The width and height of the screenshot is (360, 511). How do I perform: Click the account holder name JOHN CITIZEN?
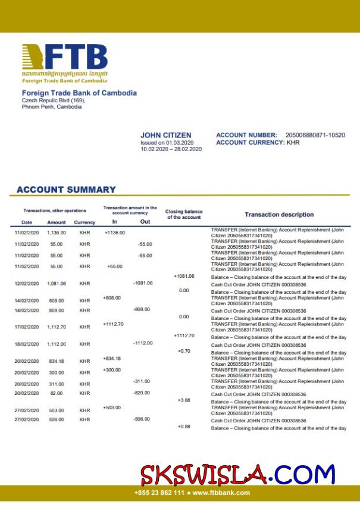pyautogui.click(x=166, y=136)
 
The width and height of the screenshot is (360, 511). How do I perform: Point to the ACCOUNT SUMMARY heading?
pyautogui.click(x=66, y=190)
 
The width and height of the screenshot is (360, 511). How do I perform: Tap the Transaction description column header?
pyautogui.click(x=279, y=214)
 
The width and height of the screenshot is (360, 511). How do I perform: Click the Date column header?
pyautogui.click(x=27, y=222)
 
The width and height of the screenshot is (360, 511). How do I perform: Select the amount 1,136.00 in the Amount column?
pyautogui.click(x=57, y=233)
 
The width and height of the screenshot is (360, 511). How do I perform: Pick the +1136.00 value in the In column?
pyautogui.click(x=115, y=233)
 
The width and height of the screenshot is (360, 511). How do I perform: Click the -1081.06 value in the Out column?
pyautogui.click(x=143, y=283)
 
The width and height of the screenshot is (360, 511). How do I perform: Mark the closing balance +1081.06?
pyautogui.click(x=184, y=276)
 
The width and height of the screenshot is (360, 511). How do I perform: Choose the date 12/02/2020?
pyautogui.click(x=27, y=284)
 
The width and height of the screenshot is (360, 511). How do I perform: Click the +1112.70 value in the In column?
pyautogui.click(x=113, y=324)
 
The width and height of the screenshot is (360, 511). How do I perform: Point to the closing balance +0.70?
pyautogui.click(x=184, y=351)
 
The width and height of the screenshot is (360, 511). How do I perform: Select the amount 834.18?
pyautogui.click(x=57, y=361)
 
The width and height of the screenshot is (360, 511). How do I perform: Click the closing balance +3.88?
pyautogui.click(x=184, y=400)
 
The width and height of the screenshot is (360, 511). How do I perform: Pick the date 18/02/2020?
pyautogui.click(x=27, y=344)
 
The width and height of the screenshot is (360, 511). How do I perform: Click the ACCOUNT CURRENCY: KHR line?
pyautogui.click(x=258, y=143)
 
